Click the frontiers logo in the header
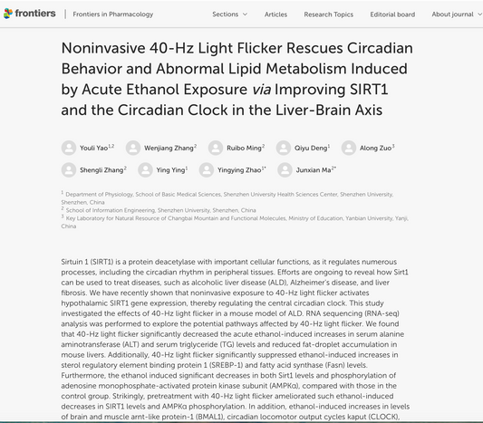click(29, 14)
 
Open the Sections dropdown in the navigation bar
click(229, 14)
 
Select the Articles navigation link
click(275, 14)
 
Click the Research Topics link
click(328, 14)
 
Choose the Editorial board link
click(392, 14)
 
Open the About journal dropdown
click(456, 14)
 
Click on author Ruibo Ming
click(246, 147)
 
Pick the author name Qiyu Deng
click(313, 147)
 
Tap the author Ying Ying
click(171, 169)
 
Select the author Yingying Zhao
click(240, 169)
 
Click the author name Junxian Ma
click(315, 169)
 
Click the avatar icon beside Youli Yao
click(69, 148)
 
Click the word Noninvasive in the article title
click(106, 47)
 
